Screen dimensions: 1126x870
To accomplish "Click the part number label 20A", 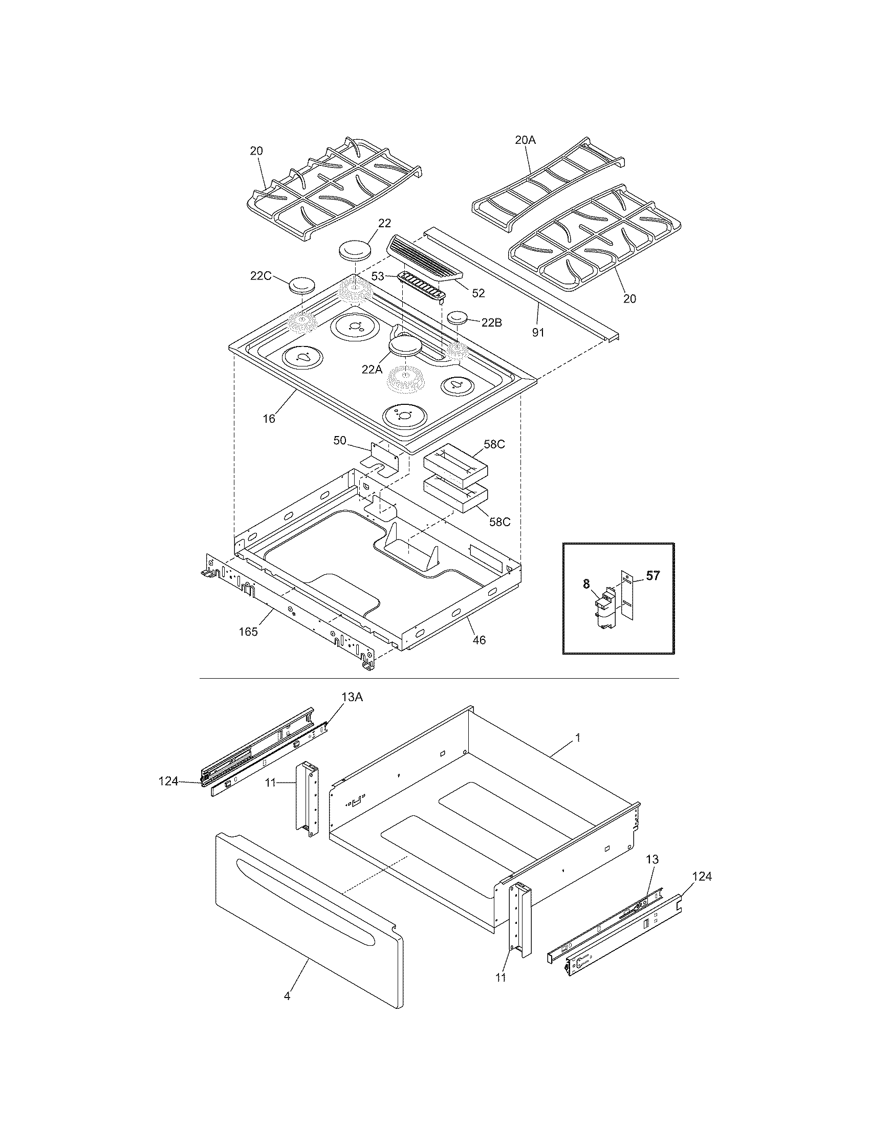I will pyautogui.click(x=525, y=140).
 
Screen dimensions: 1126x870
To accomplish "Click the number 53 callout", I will pyautogui.click(x=378, y=276).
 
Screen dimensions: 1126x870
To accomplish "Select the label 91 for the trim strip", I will pyautogui.click(x=537, y=333).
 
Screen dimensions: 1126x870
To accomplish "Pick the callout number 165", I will pyautogui.click(x=248, y=631).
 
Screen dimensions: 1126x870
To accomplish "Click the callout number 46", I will pyautogui.click(x=479, y=640).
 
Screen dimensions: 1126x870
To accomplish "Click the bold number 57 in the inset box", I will pyautogui.click(x=652, y=576).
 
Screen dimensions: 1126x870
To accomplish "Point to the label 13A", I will pyautogui.click(x=352, y=697).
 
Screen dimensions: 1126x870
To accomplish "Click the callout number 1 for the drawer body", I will pyautogui.click(x=578, y=738).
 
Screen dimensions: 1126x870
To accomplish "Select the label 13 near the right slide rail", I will pyautogui.click(x=652, y=859).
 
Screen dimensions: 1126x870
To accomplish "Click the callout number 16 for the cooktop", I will pyautogui.click(x=269, y=418).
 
